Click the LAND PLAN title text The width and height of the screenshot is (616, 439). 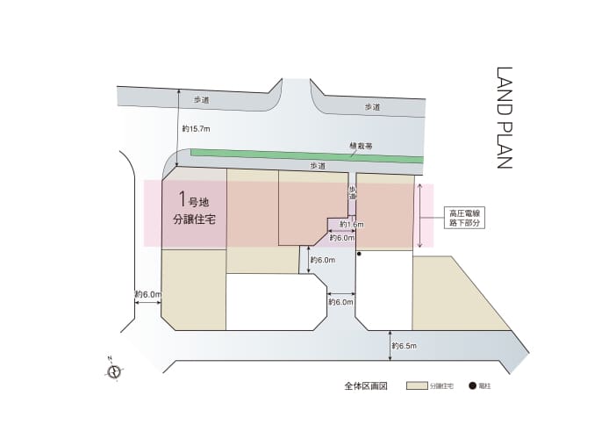505,119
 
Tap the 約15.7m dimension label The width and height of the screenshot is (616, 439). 196,128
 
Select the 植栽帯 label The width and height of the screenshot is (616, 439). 359,148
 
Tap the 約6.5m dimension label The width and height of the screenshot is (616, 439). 405,345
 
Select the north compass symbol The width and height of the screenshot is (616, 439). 113,371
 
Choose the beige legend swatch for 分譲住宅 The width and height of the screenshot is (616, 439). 417,385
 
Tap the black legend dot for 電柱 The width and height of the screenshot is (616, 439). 472,385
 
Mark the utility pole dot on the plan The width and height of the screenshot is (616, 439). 359,255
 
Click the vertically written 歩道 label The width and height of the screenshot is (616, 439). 352,191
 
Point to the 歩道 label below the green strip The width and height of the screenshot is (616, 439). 318,165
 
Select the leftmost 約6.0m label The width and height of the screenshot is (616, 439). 147,294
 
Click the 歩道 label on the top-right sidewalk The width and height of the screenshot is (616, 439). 373,107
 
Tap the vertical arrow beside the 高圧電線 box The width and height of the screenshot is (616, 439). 421,215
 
